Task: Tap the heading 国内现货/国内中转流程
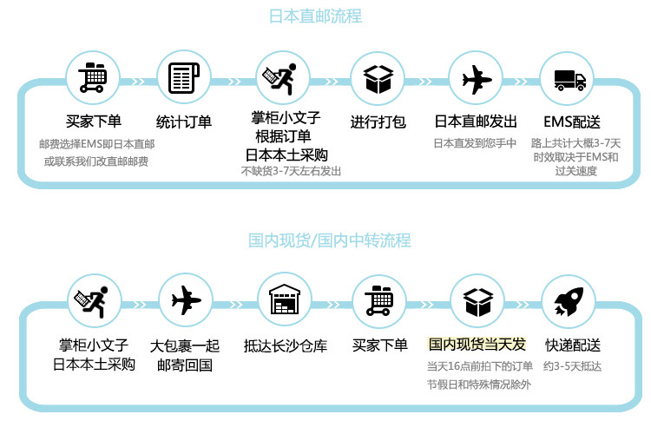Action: pos(330,240)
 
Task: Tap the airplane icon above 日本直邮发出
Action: pos(476,80)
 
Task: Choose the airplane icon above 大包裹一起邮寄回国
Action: pos(186,301)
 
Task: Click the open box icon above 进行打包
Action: pos(378,80)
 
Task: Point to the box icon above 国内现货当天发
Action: pos(477,301)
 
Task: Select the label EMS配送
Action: pos(572,122)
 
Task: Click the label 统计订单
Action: pos(183,122)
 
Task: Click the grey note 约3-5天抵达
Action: pos(574,366)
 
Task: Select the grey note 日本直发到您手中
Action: pos(475,143)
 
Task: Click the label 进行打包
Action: pos(378,122)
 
